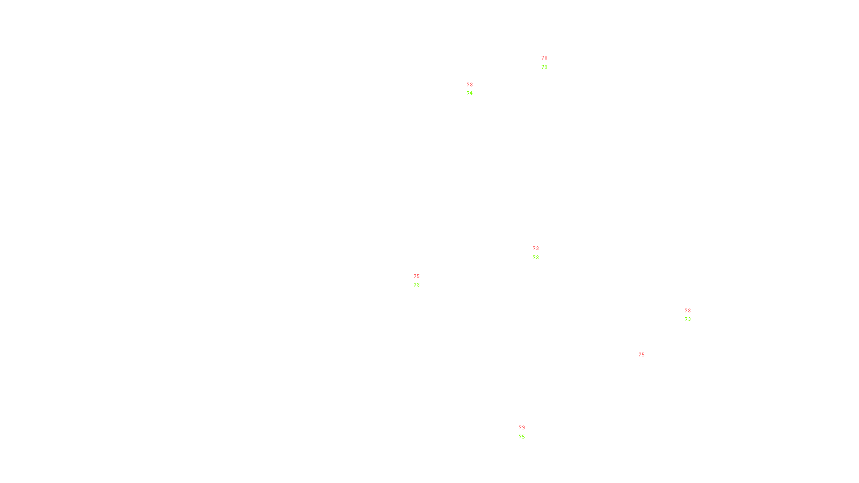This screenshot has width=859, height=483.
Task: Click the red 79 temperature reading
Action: click(522, 428)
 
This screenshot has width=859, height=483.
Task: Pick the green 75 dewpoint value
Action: click(522, 437)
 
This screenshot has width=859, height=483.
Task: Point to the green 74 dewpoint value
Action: click(470, 93)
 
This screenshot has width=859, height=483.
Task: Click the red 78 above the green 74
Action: click(470, 85)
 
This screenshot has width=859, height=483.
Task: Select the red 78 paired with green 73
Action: click(544, 58)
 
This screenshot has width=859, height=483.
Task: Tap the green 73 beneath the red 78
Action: click(544, 67)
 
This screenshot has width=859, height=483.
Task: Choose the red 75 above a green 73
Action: click(417, 276)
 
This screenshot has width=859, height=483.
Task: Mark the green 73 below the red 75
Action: click(417, 285)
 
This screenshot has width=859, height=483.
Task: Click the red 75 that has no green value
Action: click(642, 355)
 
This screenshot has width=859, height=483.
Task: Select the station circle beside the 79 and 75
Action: click(527, 433)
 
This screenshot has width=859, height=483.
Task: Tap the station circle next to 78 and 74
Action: click(475, 89)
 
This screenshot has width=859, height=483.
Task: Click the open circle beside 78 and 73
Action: click(549, 63)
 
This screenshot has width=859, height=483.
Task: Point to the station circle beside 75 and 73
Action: click(421, 281)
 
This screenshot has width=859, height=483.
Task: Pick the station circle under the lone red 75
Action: click(646, 360)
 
